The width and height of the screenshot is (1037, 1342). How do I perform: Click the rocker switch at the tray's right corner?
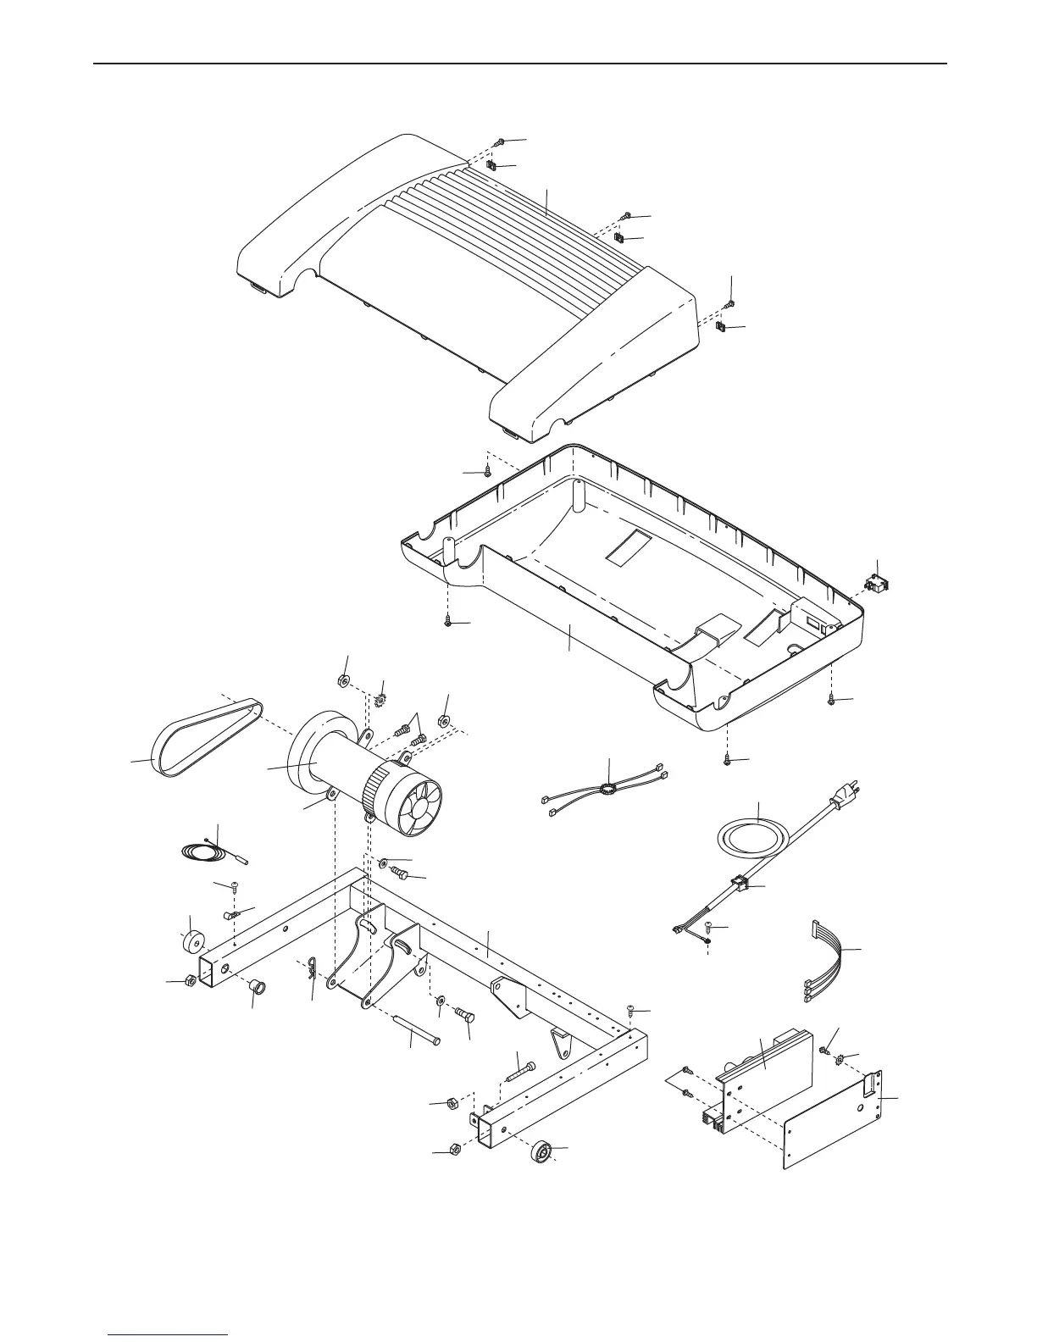tap(874, 584)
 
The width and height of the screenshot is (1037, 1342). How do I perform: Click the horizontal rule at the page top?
tap(518, 64)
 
